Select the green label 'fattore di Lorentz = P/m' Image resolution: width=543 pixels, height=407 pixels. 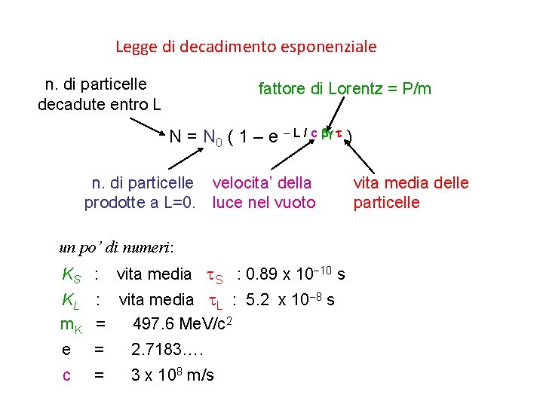345,89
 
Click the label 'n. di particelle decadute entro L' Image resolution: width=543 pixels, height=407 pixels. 99,93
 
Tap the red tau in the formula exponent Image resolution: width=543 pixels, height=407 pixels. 339,133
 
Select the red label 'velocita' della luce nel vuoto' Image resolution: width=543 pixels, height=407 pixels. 263,192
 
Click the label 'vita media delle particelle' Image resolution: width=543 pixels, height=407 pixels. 410,192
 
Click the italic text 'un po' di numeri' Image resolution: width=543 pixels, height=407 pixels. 117,246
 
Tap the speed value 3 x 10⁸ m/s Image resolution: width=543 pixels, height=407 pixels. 173,375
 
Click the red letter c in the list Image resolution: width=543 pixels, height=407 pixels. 66,375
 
